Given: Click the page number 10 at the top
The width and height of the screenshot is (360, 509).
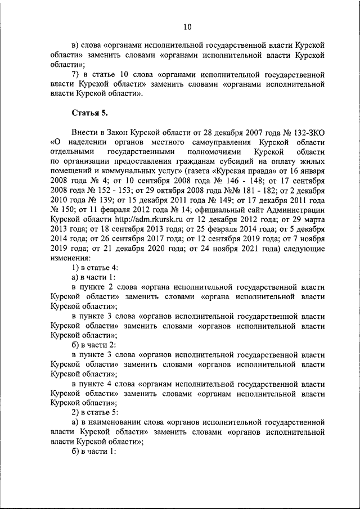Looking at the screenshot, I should tap(187, 26).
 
